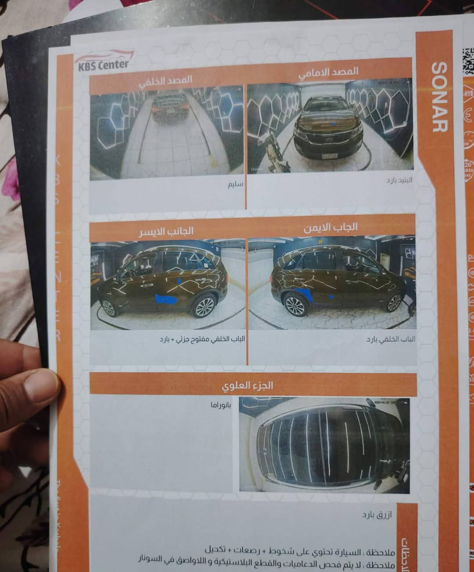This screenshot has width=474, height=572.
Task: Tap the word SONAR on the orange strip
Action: point(439,97)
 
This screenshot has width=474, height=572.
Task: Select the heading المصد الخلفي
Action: point(165,81)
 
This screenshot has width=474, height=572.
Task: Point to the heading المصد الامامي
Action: point(328,73)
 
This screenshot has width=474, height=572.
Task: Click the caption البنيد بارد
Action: point(399,180)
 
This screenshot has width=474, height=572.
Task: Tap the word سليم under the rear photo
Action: point(235,185)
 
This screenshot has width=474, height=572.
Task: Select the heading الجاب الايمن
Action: point(330,228)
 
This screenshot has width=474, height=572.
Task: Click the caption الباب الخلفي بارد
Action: point(391,339)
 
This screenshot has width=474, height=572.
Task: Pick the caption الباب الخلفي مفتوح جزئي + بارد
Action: point(202,339)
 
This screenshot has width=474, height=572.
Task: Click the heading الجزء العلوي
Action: point(248,386)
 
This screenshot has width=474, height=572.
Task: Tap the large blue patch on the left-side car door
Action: point(166,300)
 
